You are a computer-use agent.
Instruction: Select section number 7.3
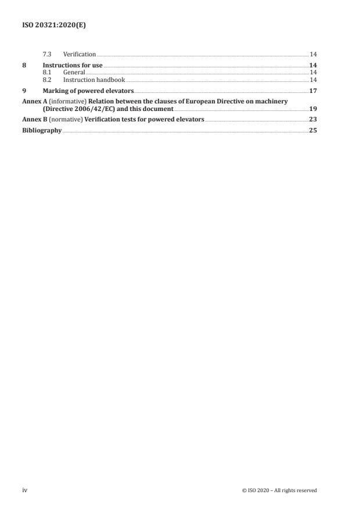pyautogui.click(x=47, y=54)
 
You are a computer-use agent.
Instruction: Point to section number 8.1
pyautogui.click(x=47, y=72)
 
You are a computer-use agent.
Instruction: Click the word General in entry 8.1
pyautogui.click(x=74, y=72)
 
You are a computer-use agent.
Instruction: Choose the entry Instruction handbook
pyautogui.click(x=94, y=79)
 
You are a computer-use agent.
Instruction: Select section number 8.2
pyautogui.click(x=47, y=79)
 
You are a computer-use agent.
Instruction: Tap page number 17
pyautogui.click(x=313, y=91)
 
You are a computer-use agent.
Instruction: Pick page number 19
pyautogui.click(x=313, y=109)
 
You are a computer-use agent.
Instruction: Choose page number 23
pyautogui.click(x=313, y=120)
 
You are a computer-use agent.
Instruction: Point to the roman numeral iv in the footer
pyautogui.click(x=24, y=490)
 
